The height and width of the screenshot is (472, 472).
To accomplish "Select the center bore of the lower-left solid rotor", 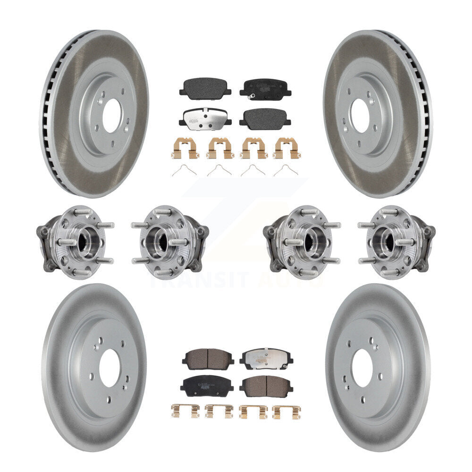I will point(110,369).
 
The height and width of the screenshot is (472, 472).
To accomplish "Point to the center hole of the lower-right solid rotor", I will point(362,369).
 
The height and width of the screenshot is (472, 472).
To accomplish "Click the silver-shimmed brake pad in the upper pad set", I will point(205,118).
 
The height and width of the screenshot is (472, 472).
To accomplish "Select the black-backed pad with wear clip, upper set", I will point(265,88).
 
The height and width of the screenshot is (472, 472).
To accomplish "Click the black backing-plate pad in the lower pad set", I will point(206,385).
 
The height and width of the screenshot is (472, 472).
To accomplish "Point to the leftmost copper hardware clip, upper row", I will point(184,148).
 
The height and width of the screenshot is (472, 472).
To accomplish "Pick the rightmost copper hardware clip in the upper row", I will point(288,148).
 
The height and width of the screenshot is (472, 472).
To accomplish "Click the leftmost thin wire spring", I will point(184,171).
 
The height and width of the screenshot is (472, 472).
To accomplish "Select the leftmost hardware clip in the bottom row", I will point(185,411).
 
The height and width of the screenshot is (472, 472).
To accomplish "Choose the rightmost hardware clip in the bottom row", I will point(287,411).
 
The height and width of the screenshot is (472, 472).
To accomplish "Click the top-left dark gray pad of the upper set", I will point(205,88).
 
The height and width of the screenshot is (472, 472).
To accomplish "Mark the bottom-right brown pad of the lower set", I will point(266,386).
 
